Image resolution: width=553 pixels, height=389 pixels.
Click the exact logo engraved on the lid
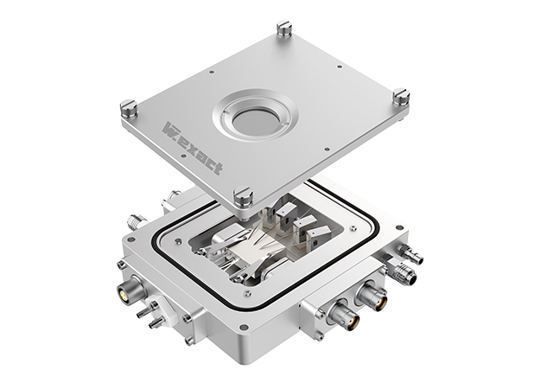[x=193, y=148]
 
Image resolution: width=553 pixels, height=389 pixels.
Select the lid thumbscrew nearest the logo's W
[x=128, y=109]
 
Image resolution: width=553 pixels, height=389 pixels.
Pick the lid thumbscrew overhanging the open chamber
[x=244, y=197]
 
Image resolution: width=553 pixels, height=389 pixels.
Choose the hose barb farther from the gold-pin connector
[x=155, y=323]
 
